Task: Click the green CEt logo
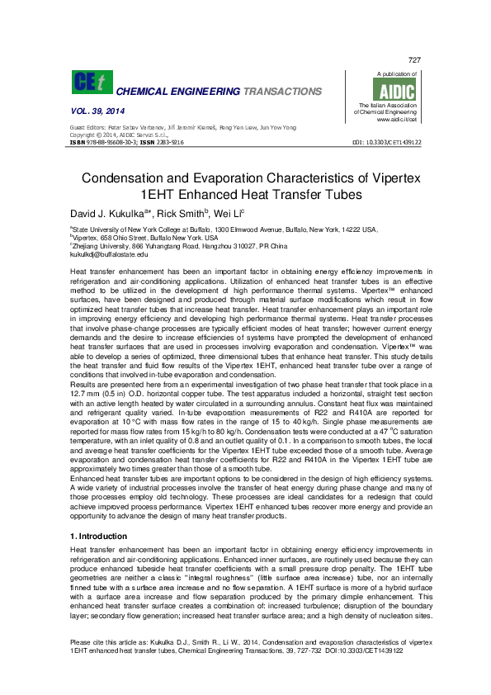(89, 83)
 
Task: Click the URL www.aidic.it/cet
(394, 120)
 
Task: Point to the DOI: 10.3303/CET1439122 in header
(386, 142)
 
